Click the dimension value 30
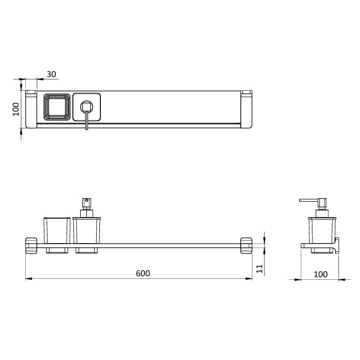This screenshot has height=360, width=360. point(51,74)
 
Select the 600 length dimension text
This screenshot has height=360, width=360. point(143,273)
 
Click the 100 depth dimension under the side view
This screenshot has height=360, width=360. point(321,274)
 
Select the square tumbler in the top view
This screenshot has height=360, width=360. point(57,107)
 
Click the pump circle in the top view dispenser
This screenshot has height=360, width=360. point(86,107)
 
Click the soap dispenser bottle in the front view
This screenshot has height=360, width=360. point(86,230)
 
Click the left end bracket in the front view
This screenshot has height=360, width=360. point(32,245)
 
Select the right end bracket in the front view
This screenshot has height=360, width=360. point(246,245)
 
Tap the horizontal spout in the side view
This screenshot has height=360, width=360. point(308,200)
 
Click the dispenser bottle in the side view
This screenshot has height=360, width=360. point(322,230)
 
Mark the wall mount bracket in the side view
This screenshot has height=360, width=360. point(335,246)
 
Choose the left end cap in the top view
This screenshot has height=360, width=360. point(32,109)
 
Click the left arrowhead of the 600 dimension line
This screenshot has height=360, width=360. point(27,279)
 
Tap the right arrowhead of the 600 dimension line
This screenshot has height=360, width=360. point(250,279)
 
